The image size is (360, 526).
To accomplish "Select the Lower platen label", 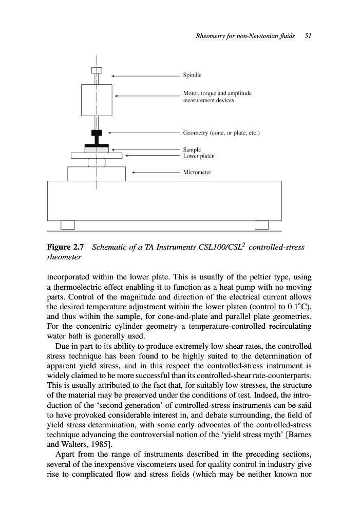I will click(199, 155).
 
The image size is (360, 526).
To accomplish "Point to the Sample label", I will click(193, 149).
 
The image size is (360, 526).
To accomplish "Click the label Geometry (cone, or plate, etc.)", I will click(222, 133).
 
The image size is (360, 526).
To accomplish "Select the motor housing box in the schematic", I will click(97, 100).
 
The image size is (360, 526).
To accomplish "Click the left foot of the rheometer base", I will click(68, 225).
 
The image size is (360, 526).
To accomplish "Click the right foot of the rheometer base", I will click(261, 225).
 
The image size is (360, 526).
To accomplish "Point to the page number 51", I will click(309, 36).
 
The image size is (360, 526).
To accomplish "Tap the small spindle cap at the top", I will click(97, 70).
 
